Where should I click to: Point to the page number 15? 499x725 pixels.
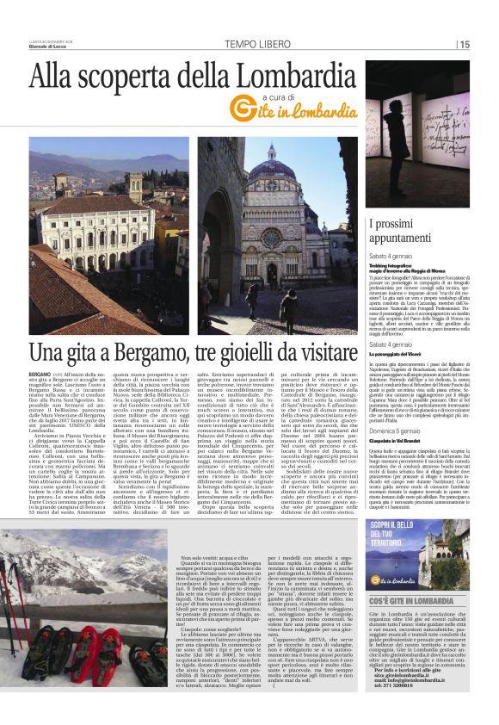(x=464, y=44)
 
